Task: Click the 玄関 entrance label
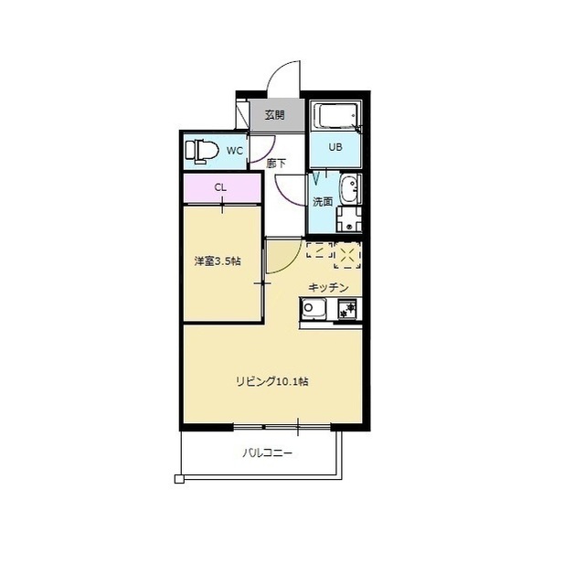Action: [x=275, y=115]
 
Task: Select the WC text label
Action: [x=235, y=151]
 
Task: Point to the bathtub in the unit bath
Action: [x=336, y=116]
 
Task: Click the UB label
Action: [x=335, y=147]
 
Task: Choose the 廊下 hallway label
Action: [x=276, y=164]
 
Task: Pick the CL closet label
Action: [x=220, y=187]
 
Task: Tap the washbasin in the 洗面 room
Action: [x=350, y=189]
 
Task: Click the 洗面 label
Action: [x=323, y=202]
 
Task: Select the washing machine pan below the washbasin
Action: [x=349, y=219]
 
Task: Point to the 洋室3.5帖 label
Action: [x=218, y=261]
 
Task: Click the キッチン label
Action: [x=329, y=287]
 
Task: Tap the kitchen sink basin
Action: [x=313, y=308]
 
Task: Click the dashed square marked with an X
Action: [x=347, y=255]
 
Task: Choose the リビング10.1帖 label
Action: [x=272, y=382]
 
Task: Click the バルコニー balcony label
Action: [x=268, y=453]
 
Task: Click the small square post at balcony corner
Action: [x=179, y=479]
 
